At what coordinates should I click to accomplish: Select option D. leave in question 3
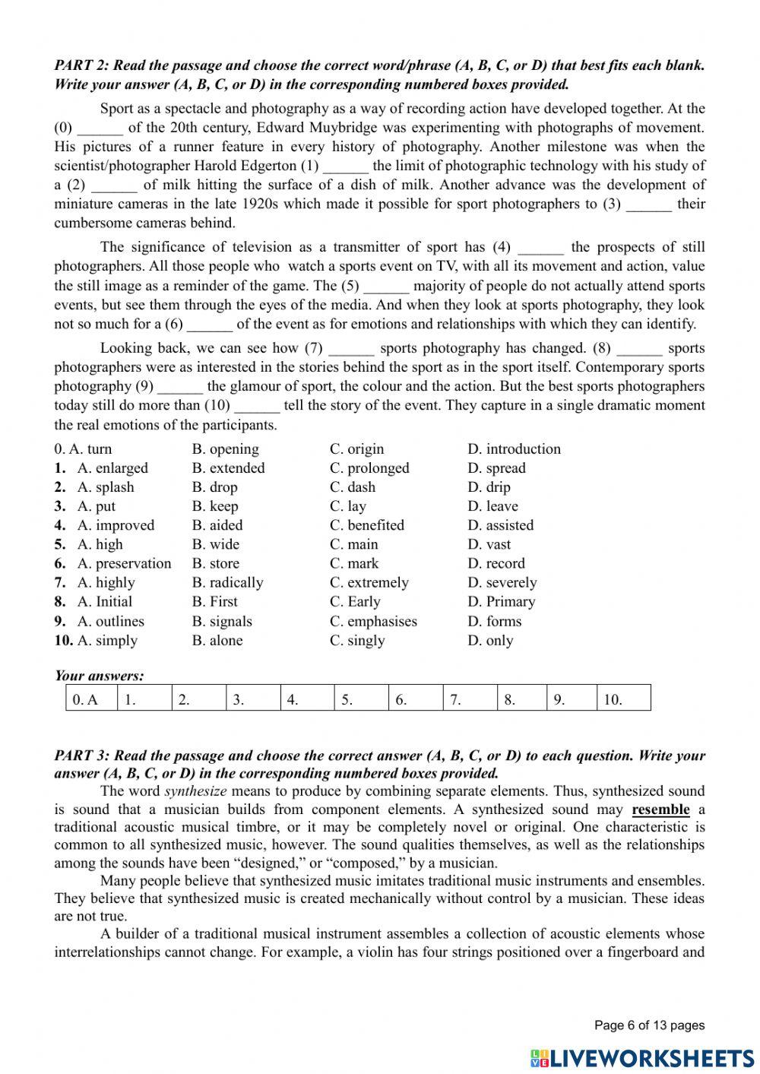[x=492, y=506]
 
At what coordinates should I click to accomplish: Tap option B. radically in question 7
[x=227, y=583]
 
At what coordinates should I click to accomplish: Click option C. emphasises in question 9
[x=373, y=621]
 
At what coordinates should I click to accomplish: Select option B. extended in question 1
[x=228, y=468]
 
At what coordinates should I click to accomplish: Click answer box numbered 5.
[x=361, y=699]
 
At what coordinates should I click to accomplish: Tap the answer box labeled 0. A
[x=90, y=699]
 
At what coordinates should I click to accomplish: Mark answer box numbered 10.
[x=623, y=699]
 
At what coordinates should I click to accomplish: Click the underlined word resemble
[x=660, y=809]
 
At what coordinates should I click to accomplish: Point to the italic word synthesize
[x=195, y=791]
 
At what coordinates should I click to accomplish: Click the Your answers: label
[x=99, y=676]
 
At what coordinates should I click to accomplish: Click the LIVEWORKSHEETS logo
[x=642, y=1058]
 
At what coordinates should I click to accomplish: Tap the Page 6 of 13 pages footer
[x=649, y=1025]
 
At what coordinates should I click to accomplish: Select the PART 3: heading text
[x=81, y=756]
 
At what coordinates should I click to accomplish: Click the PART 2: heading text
[x=81, y=65]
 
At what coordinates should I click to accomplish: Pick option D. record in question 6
[x=496, y=564]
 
